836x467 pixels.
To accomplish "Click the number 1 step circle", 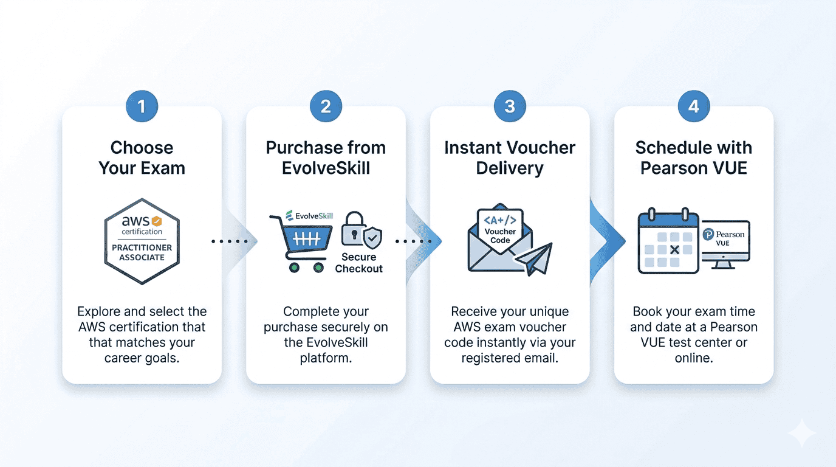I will (x=142, y=107).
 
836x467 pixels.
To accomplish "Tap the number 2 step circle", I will (x=326, y=107).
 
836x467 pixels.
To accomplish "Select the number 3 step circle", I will (x=510, y=107).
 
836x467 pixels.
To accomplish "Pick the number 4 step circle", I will (x=694, y=107).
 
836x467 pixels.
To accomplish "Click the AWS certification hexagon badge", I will (x=142, y=241).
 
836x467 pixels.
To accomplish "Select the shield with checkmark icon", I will (x=372, y=237).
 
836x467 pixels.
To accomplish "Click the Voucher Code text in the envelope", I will (x=500, y=236).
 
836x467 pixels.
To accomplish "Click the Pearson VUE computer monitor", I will (x=725, y=241).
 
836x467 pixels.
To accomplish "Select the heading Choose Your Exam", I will (x=142, y=157).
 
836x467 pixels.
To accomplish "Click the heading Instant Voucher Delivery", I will (x=510, y=157).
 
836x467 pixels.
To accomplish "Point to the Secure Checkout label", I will (x=358, y=263).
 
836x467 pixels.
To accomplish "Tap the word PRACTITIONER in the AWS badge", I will (x=142, y=247).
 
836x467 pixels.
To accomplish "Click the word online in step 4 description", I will (x=693, y=358).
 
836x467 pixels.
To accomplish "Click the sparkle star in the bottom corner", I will (x=801, y=433).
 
